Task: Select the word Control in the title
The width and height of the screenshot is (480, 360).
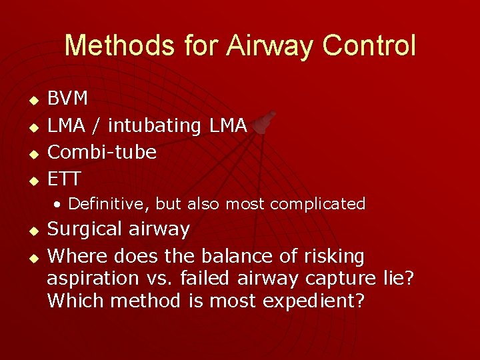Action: [369, 46]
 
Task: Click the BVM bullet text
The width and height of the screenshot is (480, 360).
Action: [68, 99]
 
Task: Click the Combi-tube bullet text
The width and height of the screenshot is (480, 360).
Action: [102, 152]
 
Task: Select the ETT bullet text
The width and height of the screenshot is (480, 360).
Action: [65, 179]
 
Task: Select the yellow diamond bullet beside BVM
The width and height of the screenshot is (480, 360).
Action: [30, 100]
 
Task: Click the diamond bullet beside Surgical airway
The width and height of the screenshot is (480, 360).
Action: [30, 231]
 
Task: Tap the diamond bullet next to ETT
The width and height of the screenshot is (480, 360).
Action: [30, 180]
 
